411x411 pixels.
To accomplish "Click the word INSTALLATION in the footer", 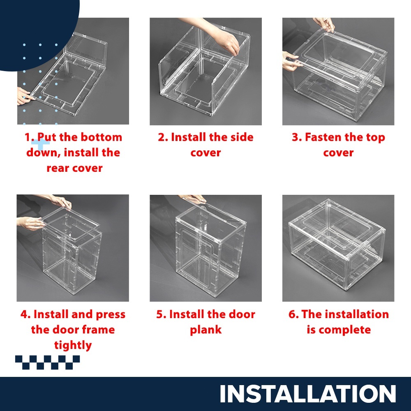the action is point(308,394).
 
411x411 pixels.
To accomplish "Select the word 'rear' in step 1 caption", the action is point(58,168).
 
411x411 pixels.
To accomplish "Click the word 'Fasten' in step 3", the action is point(323,137).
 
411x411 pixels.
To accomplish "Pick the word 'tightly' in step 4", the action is point(73,345).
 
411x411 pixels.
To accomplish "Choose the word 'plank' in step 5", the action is point(206,330).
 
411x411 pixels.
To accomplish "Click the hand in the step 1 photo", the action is point(25,96).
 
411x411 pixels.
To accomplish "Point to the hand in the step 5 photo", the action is point(193,199).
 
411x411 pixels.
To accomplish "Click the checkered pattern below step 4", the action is point(47,362).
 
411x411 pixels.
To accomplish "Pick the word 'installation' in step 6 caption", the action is point(345,314).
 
